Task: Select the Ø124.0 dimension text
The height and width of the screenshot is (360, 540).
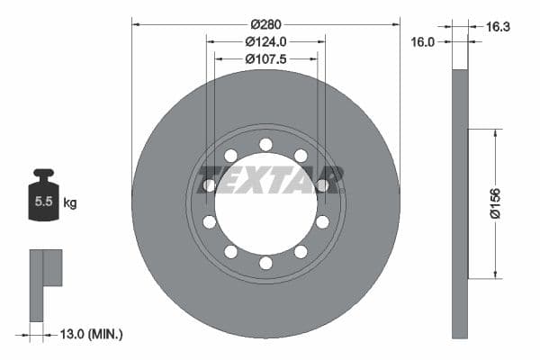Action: coord(265,41)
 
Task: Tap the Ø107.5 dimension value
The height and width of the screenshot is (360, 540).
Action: coord(265,59)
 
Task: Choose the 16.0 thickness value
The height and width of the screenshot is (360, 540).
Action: coord(423,41)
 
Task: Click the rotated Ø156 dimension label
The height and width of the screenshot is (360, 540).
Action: coord(494,204)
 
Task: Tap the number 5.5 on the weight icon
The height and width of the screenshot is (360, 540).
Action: coord(42,203)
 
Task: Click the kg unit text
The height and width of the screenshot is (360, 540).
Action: coord(70,203)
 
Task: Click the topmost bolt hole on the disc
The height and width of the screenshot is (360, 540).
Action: coord(265,144)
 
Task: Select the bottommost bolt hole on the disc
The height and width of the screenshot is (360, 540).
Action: coord(265,263)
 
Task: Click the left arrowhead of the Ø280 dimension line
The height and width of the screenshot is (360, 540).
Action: coord(135,23)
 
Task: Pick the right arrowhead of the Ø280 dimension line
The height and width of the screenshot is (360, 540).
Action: coord(396,23)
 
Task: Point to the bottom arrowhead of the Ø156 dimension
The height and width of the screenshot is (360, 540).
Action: coord(494,275)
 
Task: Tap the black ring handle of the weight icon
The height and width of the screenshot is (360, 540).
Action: coord(41,174)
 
